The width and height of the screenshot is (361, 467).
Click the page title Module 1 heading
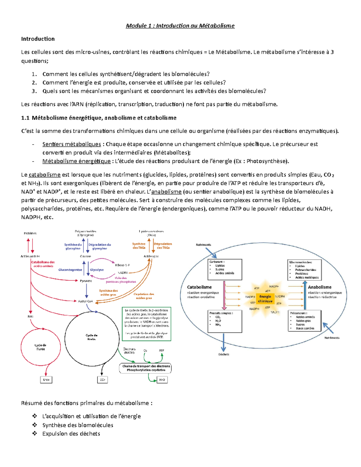click(x=180, y=26)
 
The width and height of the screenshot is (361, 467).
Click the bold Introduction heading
click(x=38, y=39)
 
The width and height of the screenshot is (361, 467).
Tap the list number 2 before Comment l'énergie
click(x=34, y=83)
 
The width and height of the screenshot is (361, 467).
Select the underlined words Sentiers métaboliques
click(x=72, y=144)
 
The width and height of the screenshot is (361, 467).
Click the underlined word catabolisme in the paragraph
click(x=45, y=175)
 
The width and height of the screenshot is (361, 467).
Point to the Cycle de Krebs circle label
click(x=91, y=337)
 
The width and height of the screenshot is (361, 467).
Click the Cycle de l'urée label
click(x=40, y=347)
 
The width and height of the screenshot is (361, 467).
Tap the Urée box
click(x=46, y=380)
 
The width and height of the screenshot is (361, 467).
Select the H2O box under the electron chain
click(x=162, y=380)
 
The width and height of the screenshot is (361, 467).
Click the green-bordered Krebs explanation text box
click(x=147, y=324)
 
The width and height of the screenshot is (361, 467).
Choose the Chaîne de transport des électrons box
click(x=146, y=368)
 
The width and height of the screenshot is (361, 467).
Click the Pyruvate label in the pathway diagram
click(x=86, y=281)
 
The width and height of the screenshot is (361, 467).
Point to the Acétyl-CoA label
click(x=85, y=301)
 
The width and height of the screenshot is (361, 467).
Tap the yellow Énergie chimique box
click(x=265, y=299)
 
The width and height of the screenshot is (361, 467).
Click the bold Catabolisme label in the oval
click(x=199, y=287)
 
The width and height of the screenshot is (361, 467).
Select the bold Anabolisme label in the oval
click(x=319, y=287)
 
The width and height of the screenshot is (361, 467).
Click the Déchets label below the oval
click(x=224, y=354)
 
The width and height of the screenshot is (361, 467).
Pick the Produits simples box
click(x=225, y=321)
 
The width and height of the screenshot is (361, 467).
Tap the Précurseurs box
click(x=304, y=321)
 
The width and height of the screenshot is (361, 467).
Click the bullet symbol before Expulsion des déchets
click(x=35, y=434)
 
